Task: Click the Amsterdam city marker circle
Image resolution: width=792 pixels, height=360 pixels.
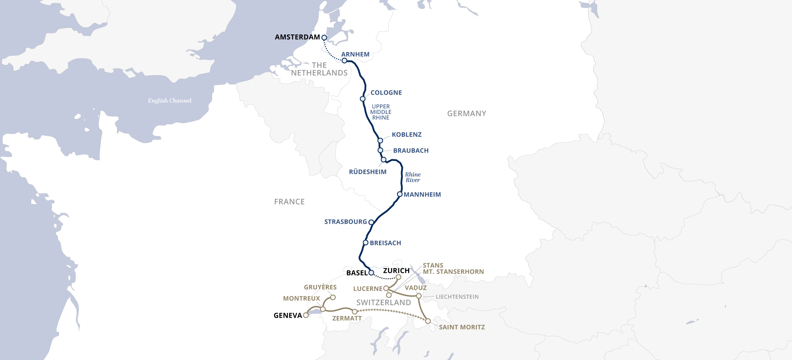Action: click(324, 38)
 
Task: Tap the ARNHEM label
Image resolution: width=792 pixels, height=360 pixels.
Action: click(355, 54)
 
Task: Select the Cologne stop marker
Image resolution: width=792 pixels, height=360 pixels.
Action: click(363, 99)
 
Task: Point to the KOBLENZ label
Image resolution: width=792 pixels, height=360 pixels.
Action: click(406, 134)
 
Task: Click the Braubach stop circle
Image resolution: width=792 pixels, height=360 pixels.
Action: click(380, 150)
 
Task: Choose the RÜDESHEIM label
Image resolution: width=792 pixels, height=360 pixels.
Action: click(368, 172)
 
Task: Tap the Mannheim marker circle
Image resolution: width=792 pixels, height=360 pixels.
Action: click(400, 194)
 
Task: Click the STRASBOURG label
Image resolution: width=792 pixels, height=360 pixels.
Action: click(345, 222)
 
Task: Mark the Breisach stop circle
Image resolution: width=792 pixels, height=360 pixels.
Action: click(365, 243)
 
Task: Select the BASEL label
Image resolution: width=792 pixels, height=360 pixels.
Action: click(357, 273)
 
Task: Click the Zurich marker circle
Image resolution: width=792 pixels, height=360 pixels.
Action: click(398, 277)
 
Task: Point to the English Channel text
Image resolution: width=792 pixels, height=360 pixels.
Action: click(170, 101)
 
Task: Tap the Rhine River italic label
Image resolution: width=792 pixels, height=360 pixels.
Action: click(413, 177)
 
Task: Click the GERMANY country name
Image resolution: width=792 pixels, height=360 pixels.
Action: click(467, 114)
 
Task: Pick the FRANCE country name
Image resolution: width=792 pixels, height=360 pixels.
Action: click(289, 202)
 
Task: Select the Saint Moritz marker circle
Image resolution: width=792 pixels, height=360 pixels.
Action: click(428, 321)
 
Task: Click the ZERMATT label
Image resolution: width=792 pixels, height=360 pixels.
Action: click(347, 318)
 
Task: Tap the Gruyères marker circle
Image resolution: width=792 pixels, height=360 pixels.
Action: click(333, 297)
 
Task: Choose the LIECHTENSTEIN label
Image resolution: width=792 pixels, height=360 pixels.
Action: click(457, 297)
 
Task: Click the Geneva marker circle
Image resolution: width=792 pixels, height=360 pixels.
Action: click(306, 315)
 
